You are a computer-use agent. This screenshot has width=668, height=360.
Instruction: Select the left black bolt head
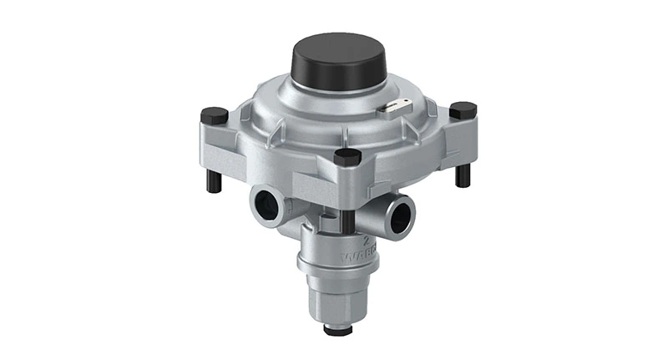tap(215, 114)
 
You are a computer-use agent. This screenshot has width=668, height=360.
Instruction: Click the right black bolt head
tap(463, 109)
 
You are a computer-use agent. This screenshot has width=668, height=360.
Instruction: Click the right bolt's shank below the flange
tap(463, 174)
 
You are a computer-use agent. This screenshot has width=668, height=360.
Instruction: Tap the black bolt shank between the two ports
tap(345, 218)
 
